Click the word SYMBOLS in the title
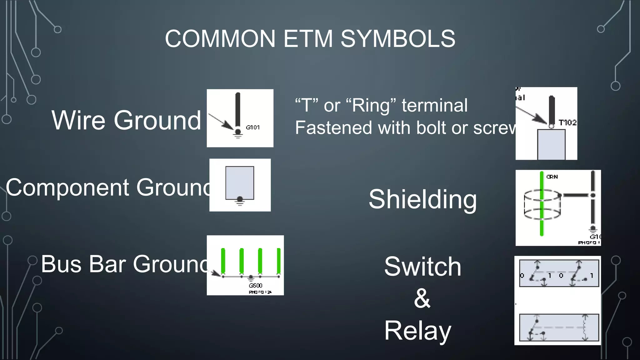[397, 39]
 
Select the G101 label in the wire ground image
[252, 127]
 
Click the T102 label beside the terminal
[567, 122]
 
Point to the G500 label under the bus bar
[255, 285]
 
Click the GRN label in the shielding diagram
[552, 177]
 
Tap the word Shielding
[422, 199]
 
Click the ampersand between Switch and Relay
[422, 298]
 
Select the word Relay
[417, 331]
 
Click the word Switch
[422, 266]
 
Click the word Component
[67, 187]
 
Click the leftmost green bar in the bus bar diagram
[223, 261]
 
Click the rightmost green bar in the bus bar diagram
[278, 261]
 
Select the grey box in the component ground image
[240, 182]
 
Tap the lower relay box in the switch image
[559, 327]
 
